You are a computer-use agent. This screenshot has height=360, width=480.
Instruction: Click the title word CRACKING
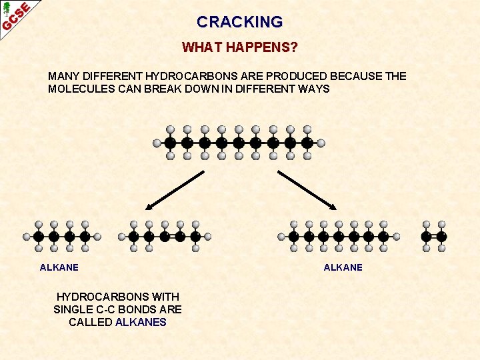coord(239,22)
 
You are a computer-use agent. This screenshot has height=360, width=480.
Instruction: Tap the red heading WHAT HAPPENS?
coord(239,48)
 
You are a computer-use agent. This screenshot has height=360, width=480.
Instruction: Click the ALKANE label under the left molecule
coord(59,267)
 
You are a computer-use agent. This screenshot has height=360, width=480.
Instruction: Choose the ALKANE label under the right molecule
coord(343,267)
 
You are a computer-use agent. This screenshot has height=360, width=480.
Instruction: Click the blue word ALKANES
coord(141,322)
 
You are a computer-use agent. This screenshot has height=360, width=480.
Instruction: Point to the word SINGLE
coord(72,309)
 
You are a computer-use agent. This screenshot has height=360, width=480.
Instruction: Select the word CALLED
coord(91,322)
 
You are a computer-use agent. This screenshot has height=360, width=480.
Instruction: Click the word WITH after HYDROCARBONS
coord(165,296)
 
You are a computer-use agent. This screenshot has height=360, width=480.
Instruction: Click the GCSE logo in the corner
coord(16,16)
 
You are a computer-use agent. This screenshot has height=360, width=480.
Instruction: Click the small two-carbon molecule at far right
coord(434,237)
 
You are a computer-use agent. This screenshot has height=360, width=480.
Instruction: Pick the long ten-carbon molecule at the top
coord(239,143)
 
